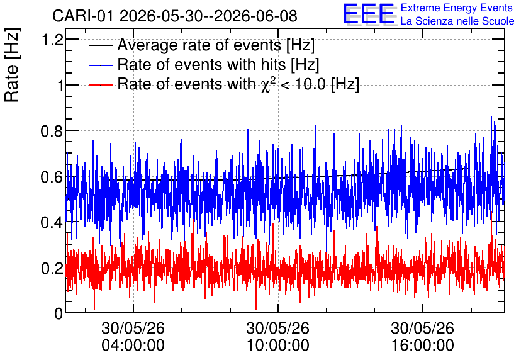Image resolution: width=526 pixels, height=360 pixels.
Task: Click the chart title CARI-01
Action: (x=82, y=16)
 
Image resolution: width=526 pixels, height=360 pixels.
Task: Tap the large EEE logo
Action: (x=369, y=14)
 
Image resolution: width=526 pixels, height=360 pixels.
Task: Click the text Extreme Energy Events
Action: (x=457, y=8)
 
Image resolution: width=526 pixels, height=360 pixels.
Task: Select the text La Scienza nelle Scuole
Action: (x=457, y=21)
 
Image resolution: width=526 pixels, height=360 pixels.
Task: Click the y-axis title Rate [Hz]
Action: (x=12, y=65)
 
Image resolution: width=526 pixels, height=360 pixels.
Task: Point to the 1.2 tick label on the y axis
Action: (x=52, y=40)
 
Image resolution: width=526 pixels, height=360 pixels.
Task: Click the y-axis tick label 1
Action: (x=60, y=85)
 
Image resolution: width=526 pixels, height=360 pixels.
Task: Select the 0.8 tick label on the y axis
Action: (x=52, y=131)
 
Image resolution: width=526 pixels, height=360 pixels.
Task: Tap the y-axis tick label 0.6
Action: (x=52, y=176)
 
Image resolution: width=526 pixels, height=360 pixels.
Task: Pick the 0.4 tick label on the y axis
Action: (x=52, y=222)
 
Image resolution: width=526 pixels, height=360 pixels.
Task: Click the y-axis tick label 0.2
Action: (x=52, y=268)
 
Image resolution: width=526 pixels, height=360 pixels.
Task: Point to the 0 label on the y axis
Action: (x=59, y=313)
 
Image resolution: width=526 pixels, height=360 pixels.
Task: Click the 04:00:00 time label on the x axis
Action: (x=133, y=345)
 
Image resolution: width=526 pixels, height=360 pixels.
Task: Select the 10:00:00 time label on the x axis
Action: (x=277, y=345)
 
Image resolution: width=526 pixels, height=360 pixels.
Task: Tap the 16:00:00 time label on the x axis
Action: (x=422, y=345)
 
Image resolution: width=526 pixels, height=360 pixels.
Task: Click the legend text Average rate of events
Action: (x=199, y=45)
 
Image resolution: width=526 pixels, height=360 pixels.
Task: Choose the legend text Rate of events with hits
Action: (x=201, y=64)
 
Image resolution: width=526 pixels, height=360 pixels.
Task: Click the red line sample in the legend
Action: (x=100, y=84)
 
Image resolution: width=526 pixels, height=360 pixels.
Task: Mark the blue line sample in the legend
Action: (x=100, y=65)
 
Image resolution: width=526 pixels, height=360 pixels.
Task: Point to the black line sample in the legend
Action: (x=100, y=45)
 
